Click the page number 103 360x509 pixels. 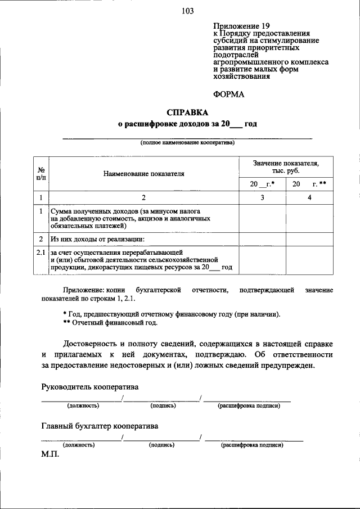click(187, 12)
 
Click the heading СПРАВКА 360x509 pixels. click(187, 111)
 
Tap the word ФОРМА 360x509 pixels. click(229, 94)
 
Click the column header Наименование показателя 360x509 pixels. click(143, 174)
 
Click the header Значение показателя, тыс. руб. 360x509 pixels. click(285, 167)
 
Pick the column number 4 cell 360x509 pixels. click(309, 197)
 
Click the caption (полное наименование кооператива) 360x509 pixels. click(187, 143)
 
